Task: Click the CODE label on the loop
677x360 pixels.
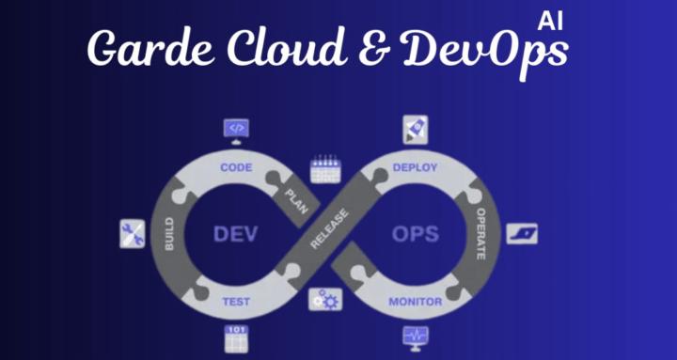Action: coord(235,167)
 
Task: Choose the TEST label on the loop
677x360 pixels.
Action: coord(235,302)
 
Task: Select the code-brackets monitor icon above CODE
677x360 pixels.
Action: coord(236,128)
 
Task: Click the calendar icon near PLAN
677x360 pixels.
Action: coord(323,170)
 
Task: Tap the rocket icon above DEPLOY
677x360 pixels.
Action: coord(415,129)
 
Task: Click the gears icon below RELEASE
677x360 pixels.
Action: coord(325,299)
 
